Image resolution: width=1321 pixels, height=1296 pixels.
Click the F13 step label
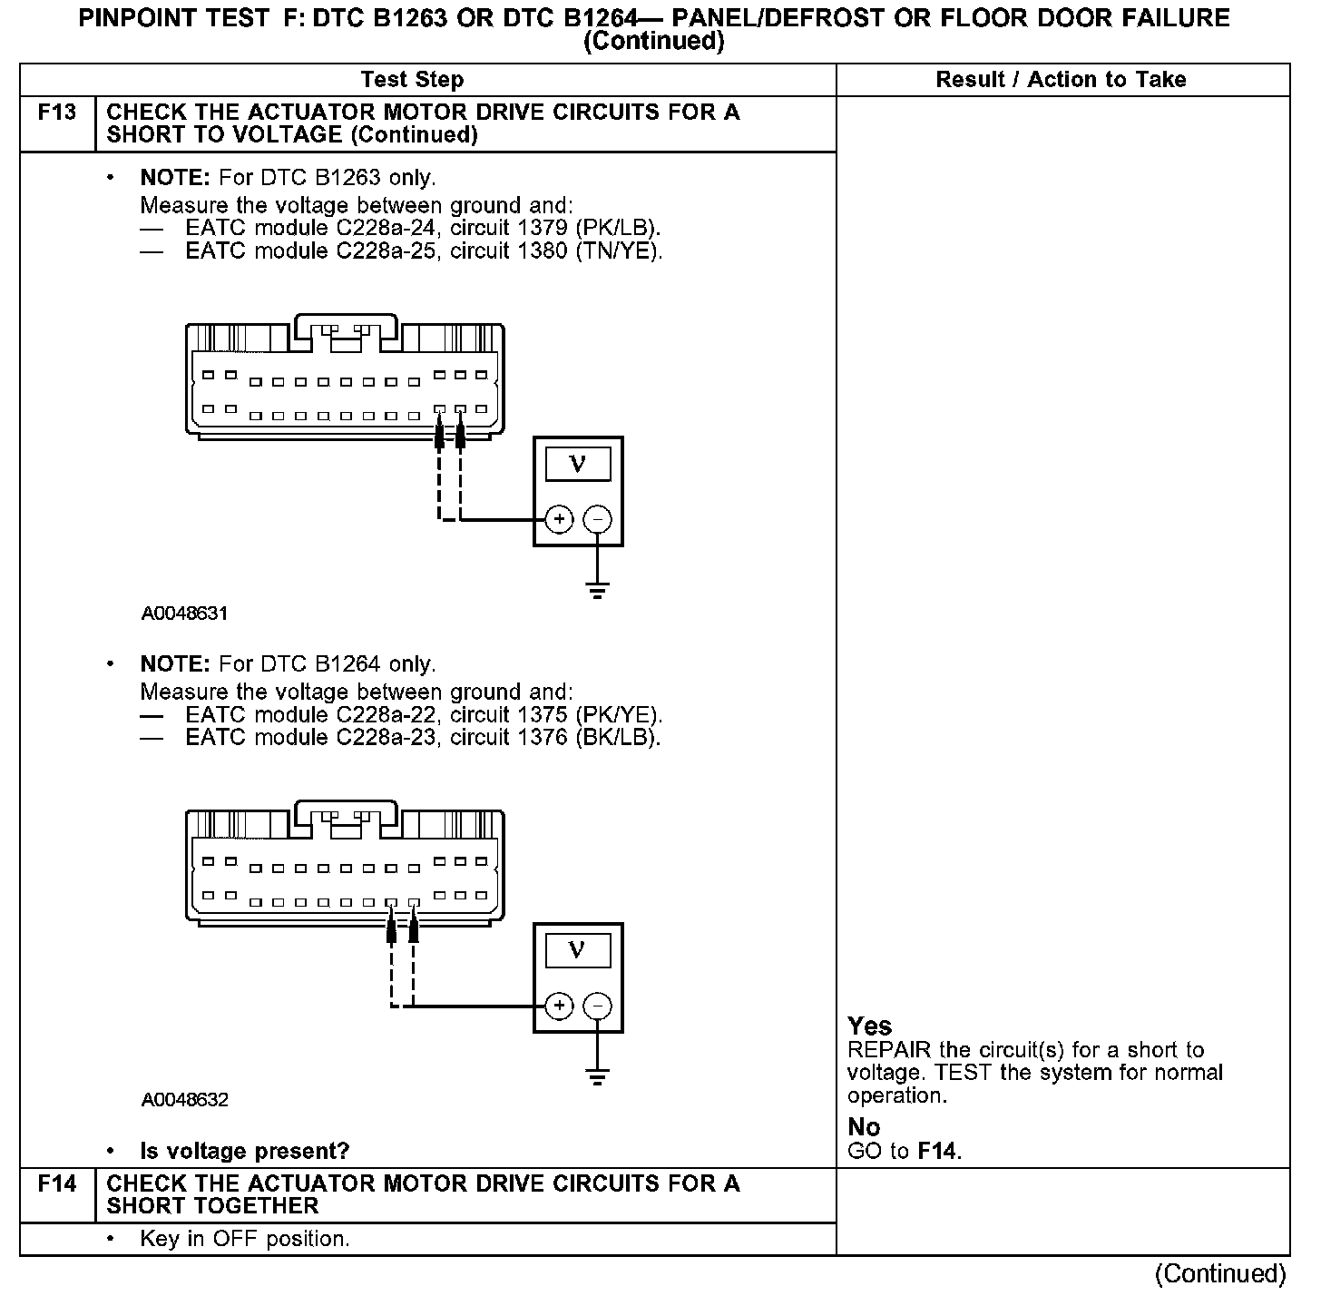[x=56, y=113]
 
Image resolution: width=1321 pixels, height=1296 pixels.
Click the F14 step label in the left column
[x=56, y=1184]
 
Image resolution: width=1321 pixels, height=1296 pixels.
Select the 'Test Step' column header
[x=412, y=80]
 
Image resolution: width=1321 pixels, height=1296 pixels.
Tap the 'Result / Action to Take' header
[x=1061, y=80]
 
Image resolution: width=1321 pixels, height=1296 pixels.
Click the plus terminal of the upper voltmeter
[x=560, y=520]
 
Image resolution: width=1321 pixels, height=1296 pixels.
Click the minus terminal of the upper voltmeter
[x=597, y=520]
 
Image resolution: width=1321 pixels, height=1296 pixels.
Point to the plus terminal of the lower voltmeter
[x=560, y=1006]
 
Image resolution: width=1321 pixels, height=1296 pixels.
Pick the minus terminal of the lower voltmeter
[x=597, y=1006]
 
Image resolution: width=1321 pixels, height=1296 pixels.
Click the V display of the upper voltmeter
[x=577, y=465]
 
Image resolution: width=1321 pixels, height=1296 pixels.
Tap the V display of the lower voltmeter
[x=577, y=950]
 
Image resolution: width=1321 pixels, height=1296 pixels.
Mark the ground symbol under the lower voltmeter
[x=597, y=1076]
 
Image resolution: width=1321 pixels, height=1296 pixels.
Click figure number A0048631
[x=184, y=614]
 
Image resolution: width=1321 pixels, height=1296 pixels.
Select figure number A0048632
[x=184, y=1100]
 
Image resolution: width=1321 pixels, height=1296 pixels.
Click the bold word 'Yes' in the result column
[x=869, y=1026]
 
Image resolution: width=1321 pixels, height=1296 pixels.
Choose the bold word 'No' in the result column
[x=864, y=1127]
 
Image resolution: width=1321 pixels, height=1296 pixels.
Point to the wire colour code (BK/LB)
[x=618, y=737]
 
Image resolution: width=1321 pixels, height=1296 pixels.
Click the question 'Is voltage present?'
[x=244, y=1152]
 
